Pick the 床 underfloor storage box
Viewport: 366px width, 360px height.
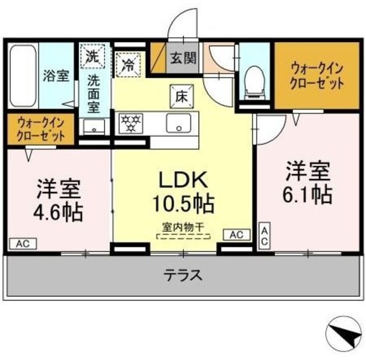(177, 95)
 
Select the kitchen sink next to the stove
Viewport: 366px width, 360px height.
(179, 122)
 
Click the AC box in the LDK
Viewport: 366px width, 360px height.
(237, 234)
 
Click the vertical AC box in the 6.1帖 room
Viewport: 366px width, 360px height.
(265, 236)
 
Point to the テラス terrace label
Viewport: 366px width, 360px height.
(183, 275)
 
